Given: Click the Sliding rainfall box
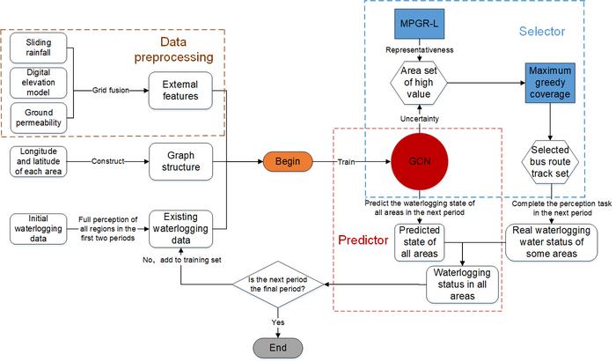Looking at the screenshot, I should coord(40,47).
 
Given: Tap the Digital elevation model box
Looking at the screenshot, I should coord(40,82).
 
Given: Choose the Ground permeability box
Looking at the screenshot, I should coord(40,118).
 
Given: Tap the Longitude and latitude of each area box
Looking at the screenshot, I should coord(37,162).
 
